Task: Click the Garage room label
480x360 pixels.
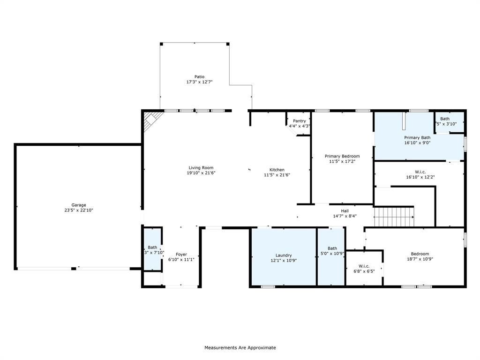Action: pos(78,205)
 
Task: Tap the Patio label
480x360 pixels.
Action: pos(199,76)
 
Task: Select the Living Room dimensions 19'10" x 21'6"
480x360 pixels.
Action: pos(201,173)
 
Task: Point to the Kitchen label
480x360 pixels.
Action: pos(277,170)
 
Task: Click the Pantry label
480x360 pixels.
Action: pos(299,121)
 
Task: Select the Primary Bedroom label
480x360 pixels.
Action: pos(342,156)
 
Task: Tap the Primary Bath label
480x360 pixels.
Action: pos(417,137)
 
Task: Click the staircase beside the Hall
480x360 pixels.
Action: pos(394,216)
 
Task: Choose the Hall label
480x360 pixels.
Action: pos(345,211)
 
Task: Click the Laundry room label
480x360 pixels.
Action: pos(284,255)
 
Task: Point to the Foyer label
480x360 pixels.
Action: pos(181,255)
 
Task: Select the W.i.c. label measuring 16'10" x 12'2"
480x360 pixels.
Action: pos(420,172)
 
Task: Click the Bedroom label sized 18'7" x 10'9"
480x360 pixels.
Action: pos(420,254)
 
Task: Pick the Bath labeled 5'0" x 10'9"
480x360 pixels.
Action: pos(332,248)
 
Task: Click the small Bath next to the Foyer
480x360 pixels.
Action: pos(152,247)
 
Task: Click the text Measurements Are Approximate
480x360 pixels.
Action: pos(240,348)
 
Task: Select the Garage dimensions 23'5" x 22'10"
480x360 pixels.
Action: pos(78,210)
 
